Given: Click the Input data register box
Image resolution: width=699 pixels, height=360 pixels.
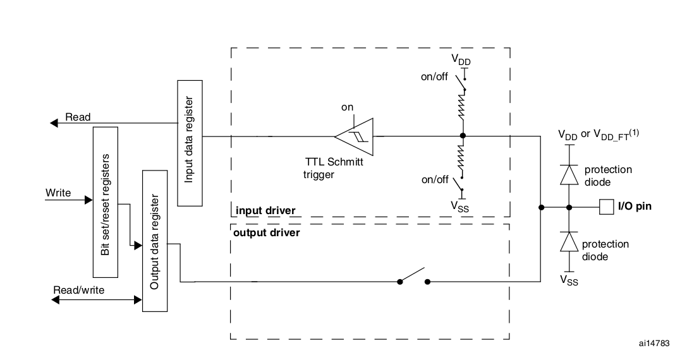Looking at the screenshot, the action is coord(190,143).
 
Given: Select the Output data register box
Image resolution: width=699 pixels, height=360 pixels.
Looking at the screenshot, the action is coord(155,241).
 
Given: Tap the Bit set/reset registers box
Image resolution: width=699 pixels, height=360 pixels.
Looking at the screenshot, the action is coord(105,202).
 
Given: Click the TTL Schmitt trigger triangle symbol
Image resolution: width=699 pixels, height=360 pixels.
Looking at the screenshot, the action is coord(354,137).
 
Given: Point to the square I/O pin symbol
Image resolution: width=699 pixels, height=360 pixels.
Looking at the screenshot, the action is coord(606,207).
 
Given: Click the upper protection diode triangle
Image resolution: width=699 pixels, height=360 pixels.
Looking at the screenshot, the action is coord(569,174).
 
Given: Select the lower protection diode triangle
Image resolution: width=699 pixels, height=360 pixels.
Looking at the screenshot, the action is coord(569,242).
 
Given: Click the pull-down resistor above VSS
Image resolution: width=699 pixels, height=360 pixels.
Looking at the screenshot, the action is coord(463,157).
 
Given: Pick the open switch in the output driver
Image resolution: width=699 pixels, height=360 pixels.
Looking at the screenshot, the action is coord(414,276).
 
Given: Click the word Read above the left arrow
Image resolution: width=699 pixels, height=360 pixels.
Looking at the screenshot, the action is coord(78,117).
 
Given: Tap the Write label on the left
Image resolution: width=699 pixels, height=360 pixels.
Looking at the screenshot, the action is coord(58,193).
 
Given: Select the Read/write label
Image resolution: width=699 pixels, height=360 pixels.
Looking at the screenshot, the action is coord(79,290).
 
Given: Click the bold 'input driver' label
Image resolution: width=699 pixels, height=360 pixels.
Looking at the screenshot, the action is coord(265,210).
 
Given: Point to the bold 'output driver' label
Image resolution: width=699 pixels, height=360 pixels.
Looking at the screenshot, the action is coord(267,232).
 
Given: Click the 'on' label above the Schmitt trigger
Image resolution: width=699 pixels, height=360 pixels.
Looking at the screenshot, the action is coord(347,107).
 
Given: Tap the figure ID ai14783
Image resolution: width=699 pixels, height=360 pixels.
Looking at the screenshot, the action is coord(654,343).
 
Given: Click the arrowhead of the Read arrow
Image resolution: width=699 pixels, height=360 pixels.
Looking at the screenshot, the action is coord(54,123).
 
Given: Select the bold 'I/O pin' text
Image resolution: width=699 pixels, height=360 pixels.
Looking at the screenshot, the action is coord(635,207).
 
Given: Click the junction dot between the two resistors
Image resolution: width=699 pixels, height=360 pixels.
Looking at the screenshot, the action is coord(463,136).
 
